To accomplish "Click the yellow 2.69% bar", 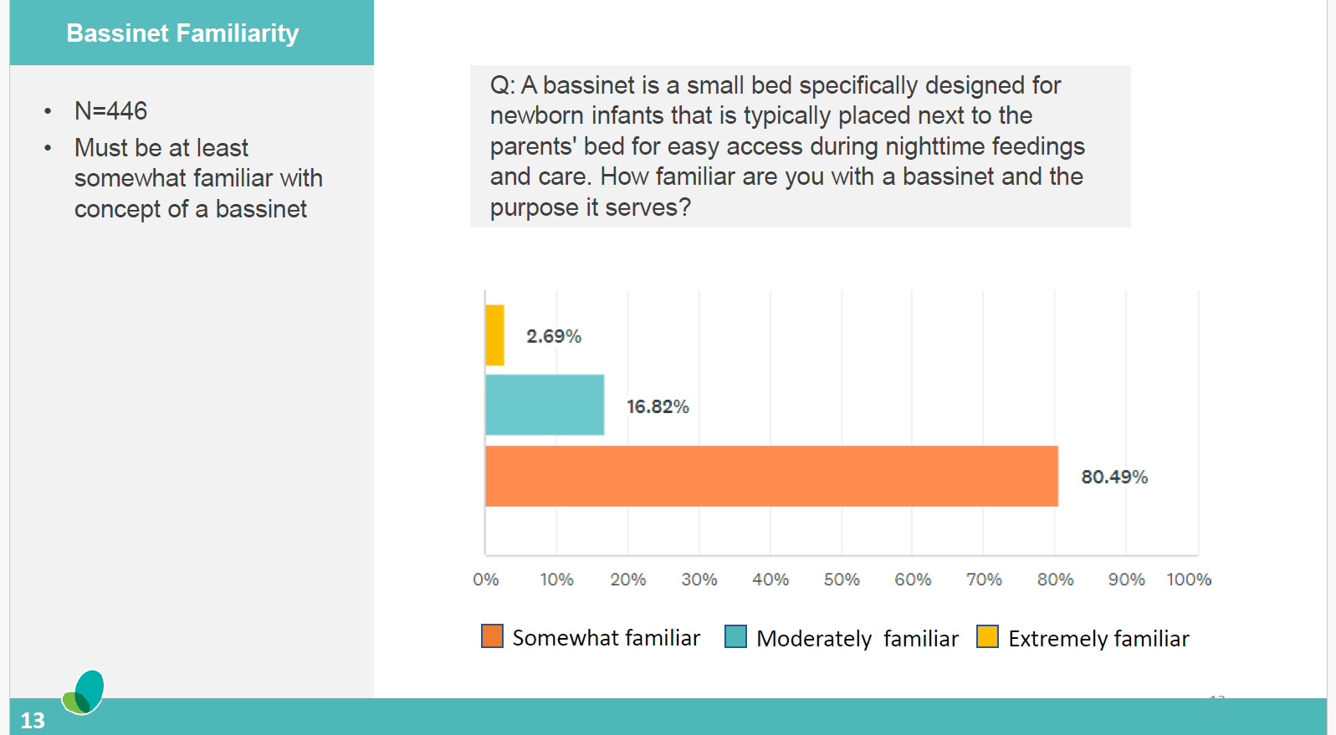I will (494, 335).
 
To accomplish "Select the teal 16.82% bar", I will (544, 405).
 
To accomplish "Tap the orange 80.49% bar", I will (770, 476).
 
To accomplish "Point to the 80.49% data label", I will (1113, 477).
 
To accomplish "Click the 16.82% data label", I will (658, 406).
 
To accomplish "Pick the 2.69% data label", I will (553, 336).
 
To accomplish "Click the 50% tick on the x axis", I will (841, 579).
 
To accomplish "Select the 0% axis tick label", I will (485, 579).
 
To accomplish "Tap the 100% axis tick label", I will (1188, 579).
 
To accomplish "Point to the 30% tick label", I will (699, 579).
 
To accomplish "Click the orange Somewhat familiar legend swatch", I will (492, 636).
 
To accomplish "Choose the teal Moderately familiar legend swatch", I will (735, 637).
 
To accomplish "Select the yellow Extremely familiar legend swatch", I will (987, 637).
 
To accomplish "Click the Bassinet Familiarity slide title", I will (182, 33).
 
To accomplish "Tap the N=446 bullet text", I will (110, 110).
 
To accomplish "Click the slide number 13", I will (33, 720).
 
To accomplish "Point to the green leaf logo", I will (84, 692).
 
